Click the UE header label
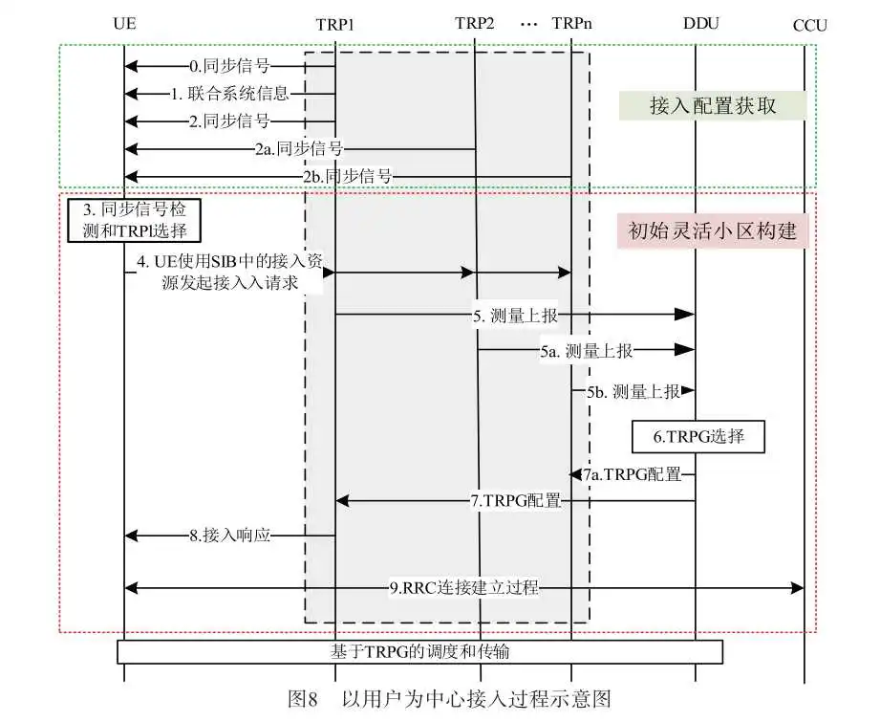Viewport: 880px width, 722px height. point(124,24)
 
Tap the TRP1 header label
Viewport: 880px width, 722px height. point(335,25)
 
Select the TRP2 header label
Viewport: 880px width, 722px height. point(475,24)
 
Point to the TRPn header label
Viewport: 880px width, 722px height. point(572,24)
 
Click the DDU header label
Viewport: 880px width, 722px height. point(701,24)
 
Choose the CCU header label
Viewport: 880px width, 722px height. point(810,26)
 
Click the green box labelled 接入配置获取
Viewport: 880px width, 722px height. point(713,105)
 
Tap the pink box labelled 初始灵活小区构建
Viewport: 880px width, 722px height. point(713,230)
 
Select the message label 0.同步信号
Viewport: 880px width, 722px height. point(229,66)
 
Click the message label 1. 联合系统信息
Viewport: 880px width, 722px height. point(230,94)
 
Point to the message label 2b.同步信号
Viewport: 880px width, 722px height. point(348,176)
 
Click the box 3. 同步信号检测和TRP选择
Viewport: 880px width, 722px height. point(134,220)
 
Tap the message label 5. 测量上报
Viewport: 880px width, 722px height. point(515,316)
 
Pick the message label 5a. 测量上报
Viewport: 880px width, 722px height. point(587,351)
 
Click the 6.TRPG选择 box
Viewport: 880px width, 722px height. point(698,437)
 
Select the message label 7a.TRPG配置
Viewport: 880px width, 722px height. point(632,474)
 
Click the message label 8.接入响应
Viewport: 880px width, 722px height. point(229,536)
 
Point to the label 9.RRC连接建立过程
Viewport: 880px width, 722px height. point(464,588)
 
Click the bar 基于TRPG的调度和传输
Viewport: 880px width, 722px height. point(419,652)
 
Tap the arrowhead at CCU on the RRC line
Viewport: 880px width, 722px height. point(798,588)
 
